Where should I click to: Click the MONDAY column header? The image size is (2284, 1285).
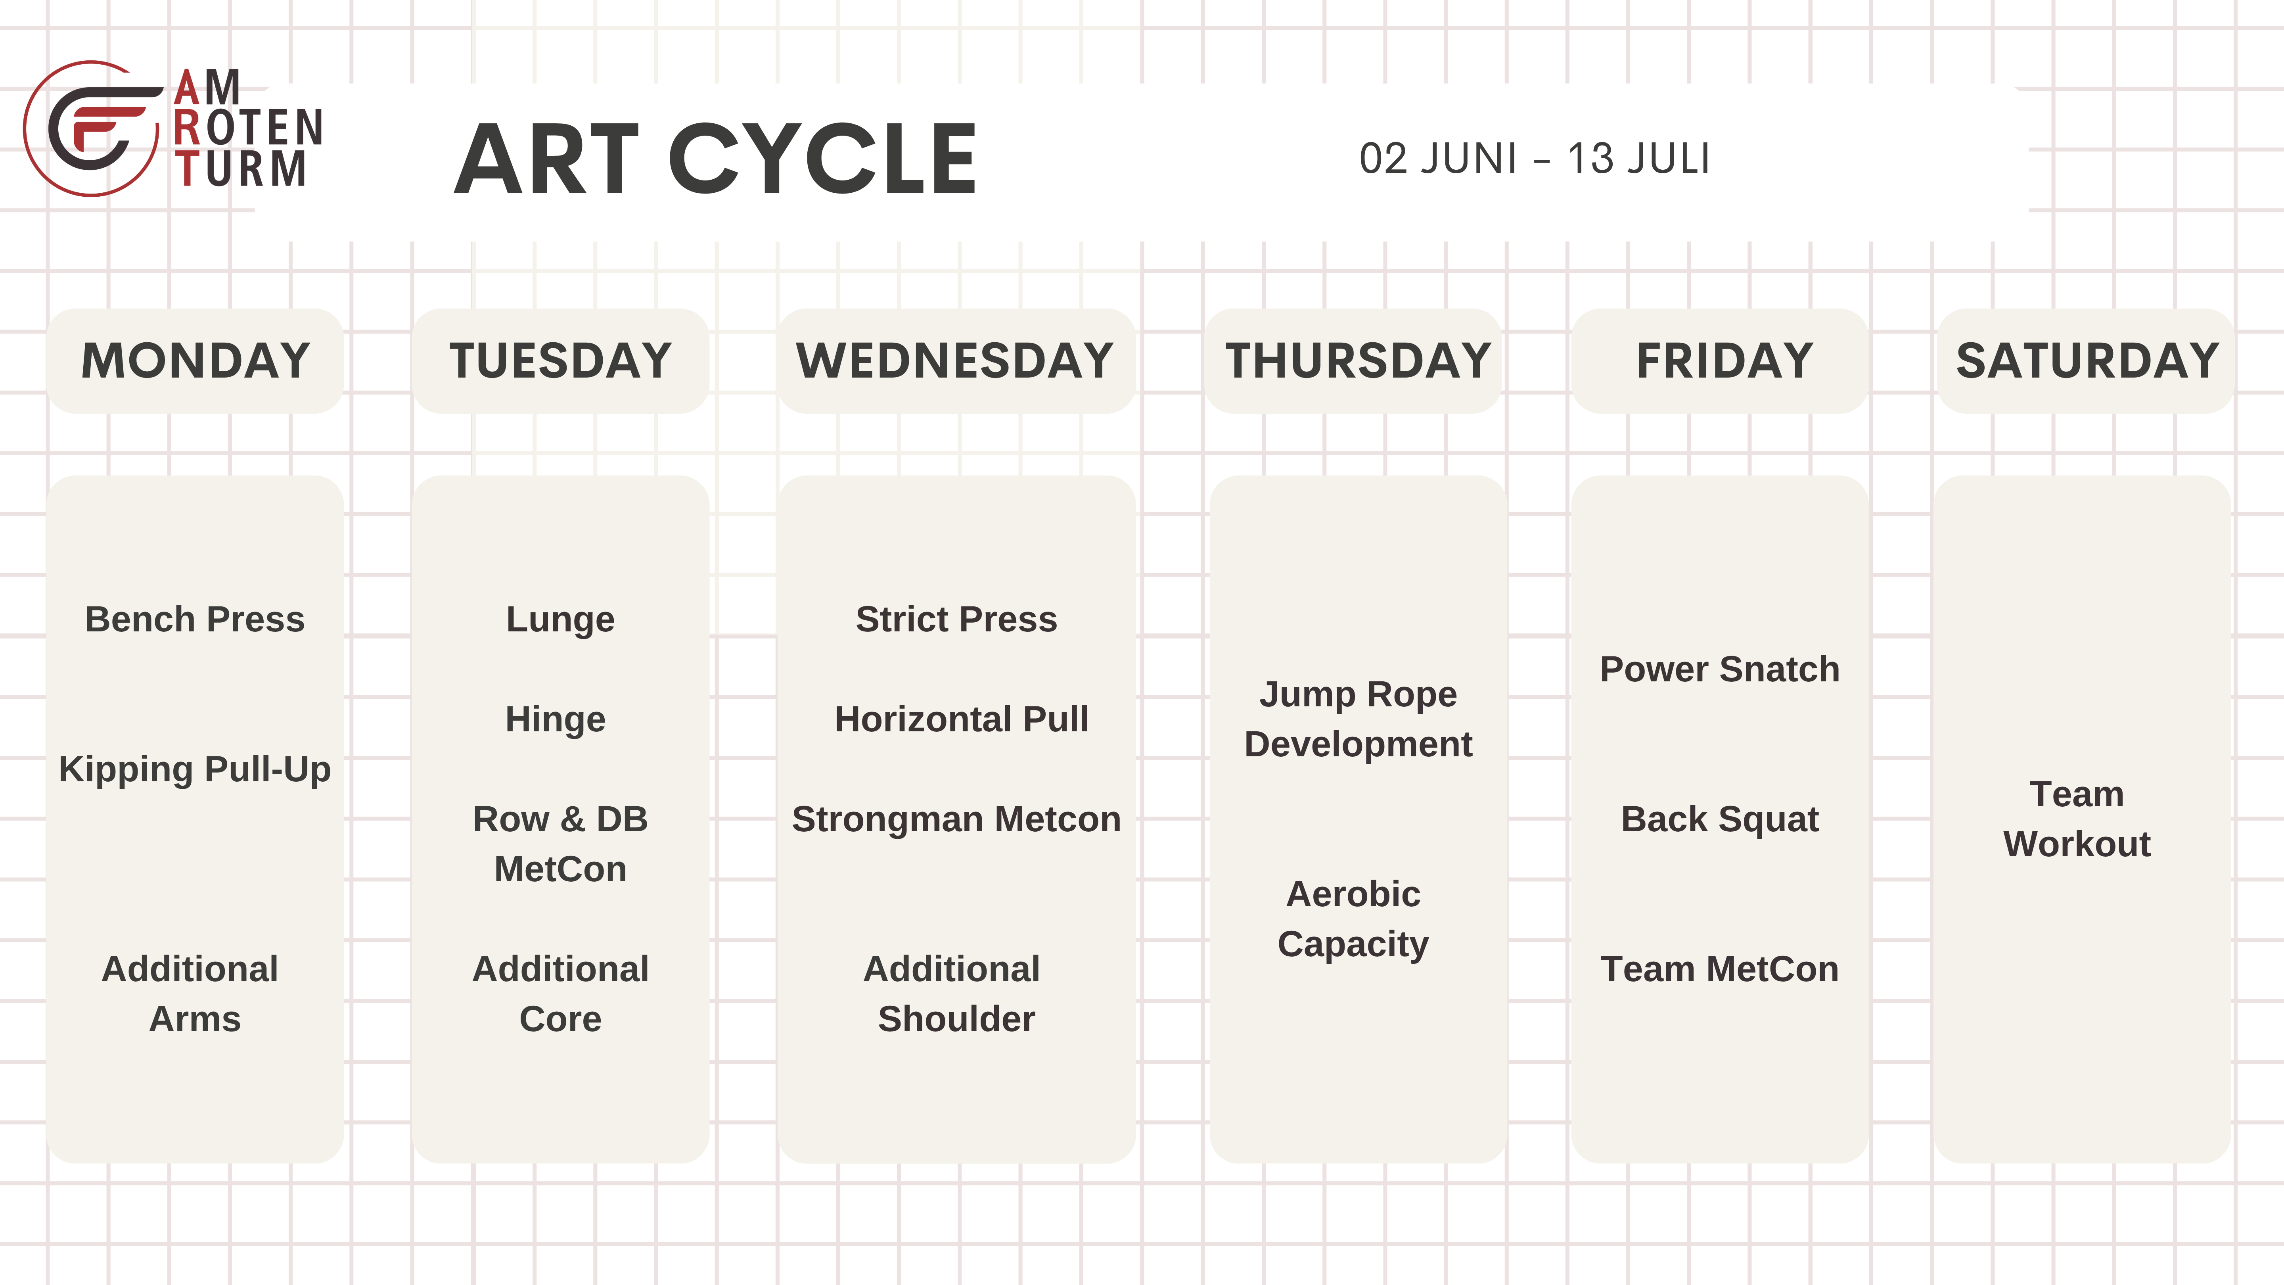(195, 361)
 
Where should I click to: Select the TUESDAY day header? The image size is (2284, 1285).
(560, 361)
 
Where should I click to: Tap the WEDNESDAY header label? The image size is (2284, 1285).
(955, 361)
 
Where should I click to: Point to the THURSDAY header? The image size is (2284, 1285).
(1357, 361)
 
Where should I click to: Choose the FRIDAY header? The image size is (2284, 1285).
(1724, 361)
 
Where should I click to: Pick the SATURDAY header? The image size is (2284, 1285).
(2087, 361)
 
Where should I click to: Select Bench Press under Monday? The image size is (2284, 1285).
(195, 619)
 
